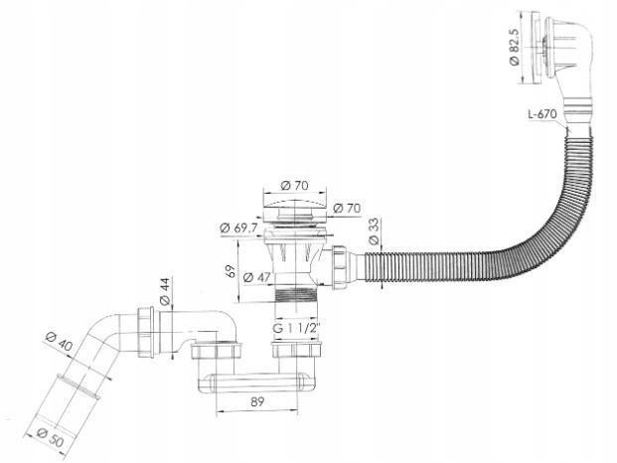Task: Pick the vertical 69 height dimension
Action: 230,270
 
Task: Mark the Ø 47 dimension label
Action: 253,278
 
